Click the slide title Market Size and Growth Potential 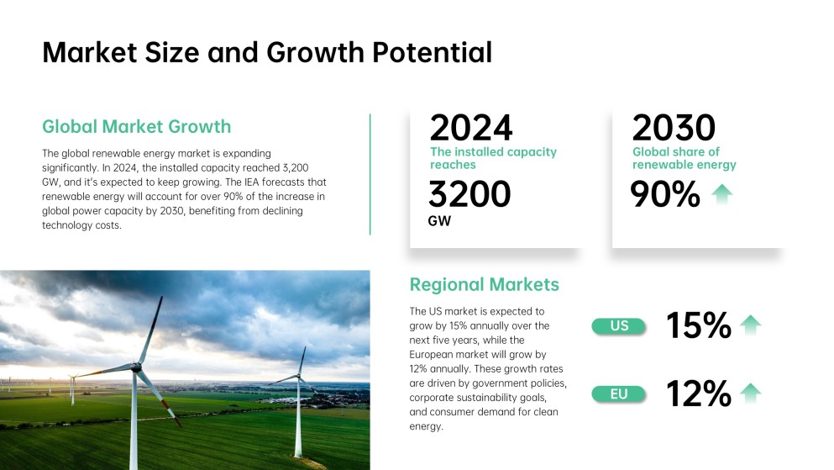coord(266,52)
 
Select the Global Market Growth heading coord(136,127)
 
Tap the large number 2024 coord(470,129)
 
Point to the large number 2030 coord(674,129)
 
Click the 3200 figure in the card coord(469,194)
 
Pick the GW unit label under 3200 coord(439,222)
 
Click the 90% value coord(665,194)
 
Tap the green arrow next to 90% coord(721,194)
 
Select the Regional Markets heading coord(484,284)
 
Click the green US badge coord(619,326)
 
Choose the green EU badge coord(619,393)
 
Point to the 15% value coord(699,326)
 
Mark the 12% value coord(699,393)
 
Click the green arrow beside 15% coord(750,325)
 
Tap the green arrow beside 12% coord(750,392)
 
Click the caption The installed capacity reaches coord(493,158)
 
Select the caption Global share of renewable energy coord(684,158)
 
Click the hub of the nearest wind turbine coord(138,367)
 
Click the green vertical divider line coord(370,175)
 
